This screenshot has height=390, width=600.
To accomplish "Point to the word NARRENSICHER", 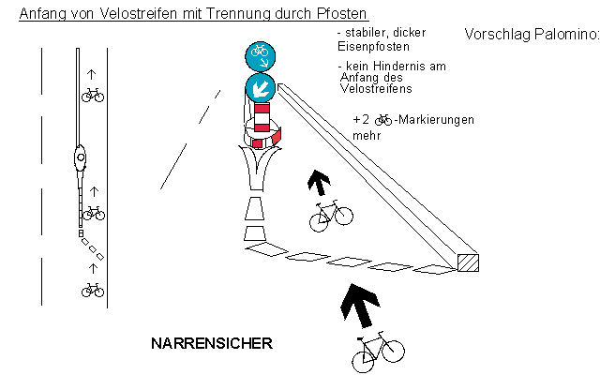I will (x=211, y=344).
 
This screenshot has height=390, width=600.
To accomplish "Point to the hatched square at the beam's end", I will (x=466, y=263).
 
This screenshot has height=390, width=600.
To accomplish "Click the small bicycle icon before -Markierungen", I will (x=382, y=120).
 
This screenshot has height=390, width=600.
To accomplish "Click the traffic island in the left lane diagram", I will (x=82, y=156).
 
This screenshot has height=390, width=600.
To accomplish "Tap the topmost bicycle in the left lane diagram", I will (x=92, y=94).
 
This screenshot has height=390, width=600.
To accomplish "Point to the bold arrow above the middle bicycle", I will (x=322, y=182).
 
